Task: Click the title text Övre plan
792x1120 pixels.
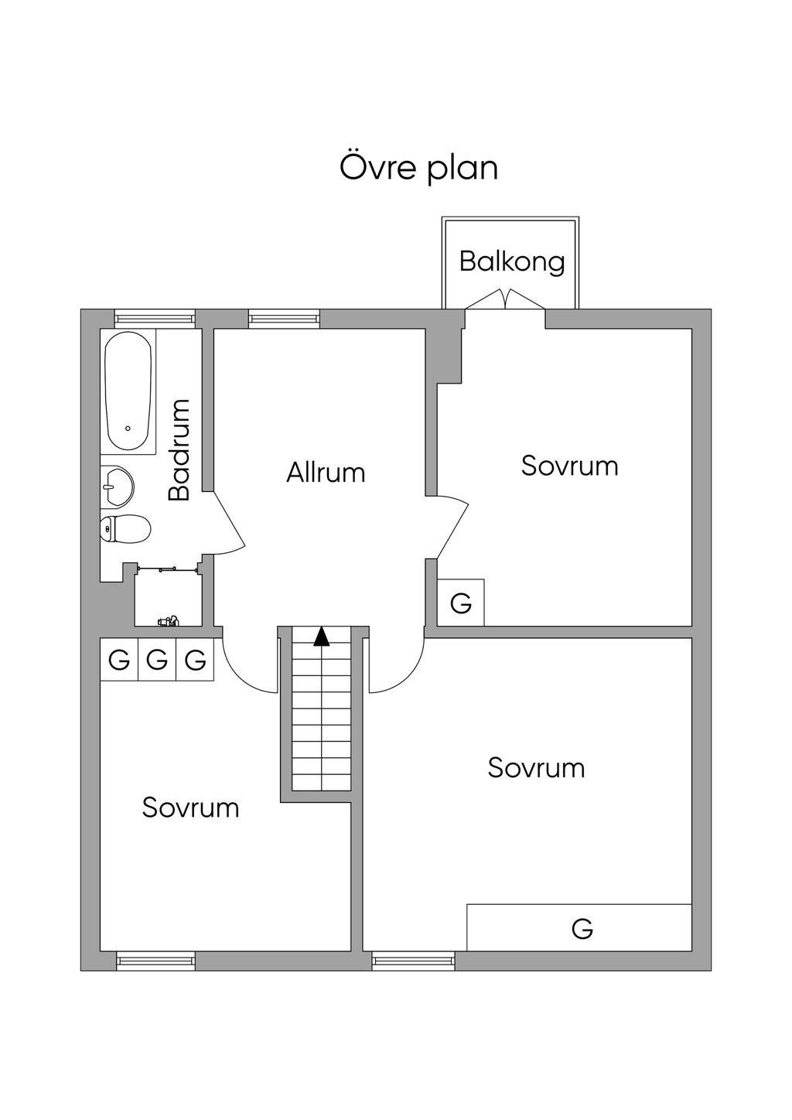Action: click(419, 168)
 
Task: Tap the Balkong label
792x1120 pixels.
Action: click(512, 261)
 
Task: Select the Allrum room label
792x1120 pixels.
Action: click(326, 473)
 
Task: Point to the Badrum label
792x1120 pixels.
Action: click(179, 449)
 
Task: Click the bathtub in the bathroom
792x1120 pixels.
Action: click(128, 391)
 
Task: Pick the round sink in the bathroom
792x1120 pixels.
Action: click(118, 486)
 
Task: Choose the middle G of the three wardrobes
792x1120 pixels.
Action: click(157, 660)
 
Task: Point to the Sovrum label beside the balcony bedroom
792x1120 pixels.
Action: click(569, 466)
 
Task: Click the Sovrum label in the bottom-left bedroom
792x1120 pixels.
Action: click(190, 808)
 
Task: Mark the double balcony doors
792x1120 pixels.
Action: click(506, 299)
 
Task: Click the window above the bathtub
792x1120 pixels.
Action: click(154, 319)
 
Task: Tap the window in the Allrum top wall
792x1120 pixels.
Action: click(284, 319)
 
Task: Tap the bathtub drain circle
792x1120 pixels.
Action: click(128, 429)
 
